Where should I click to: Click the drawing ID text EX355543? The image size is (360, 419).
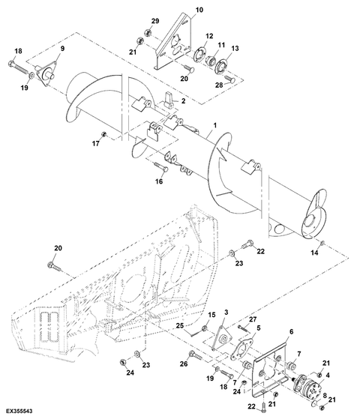[19, 411]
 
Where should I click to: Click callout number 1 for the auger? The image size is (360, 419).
[214, 125]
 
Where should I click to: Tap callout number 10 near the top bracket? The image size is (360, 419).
[199, 10]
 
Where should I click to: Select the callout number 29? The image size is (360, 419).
[155, 21]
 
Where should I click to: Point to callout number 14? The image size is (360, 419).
[314, 253]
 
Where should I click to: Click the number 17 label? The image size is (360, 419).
[96, 143]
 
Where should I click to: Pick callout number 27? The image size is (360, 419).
[253, 319]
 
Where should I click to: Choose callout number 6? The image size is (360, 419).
[291, 331]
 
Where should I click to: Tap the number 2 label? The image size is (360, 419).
[183, 100]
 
